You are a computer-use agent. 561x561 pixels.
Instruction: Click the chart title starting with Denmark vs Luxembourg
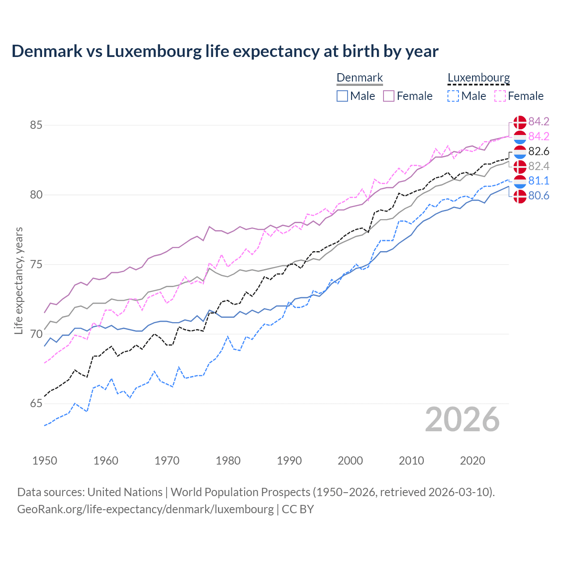pos(225,51)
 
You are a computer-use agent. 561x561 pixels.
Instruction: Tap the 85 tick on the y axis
pos(36,125)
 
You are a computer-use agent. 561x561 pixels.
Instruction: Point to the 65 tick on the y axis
pos(36,404)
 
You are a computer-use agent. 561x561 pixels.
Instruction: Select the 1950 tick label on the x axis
pos(45,461)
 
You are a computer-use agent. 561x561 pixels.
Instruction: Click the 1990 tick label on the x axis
pos(289,461)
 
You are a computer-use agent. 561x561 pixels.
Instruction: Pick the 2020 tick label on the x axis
pos(472,461)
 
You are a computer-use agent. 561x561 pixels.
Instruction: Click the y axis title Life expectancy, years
pos(19,280)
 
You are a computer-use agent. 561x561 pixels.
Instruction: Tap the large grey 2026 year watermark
pos(462,419)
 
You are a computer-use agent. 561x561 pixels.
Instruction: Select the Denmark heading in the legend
pos(359,78)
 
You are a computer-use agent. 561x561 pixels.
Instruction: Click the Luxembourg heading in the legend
pos(479,78)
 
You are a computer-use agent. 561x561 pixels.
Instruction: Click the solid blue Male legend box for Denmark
pos(342,96)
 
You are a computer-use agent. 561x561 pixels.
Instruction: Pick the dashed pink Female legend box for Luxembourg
pos(500,96)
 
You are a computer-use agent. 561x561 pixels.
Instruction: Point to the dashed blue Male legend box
pos(453,96)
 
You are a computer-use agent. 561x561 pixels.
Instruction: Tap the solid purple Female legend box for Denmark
pos(389,96)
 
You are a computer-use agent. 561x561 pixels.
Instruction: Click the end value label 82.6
pos(539,152)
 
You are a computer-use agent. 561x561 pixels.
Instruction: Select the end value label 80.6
pos(539,196)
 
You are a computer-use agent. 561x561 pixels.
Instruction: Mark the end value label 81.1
pos(539,181)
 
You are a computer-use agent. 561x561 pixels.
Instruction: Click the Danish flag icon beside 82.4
pos(520,167)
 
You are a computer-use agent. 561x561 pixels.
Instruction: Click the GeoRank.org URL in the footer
pos(146,509)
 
